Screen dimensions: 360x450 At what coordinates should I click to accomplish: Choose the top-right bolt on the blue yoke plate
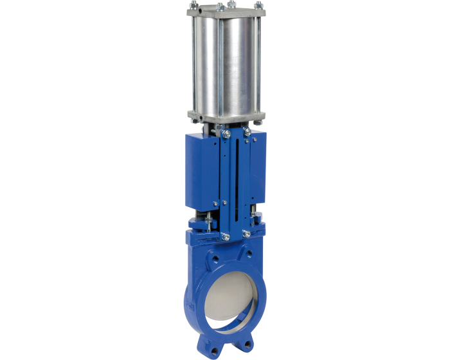pyautogui.click(x=248, y=131)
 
